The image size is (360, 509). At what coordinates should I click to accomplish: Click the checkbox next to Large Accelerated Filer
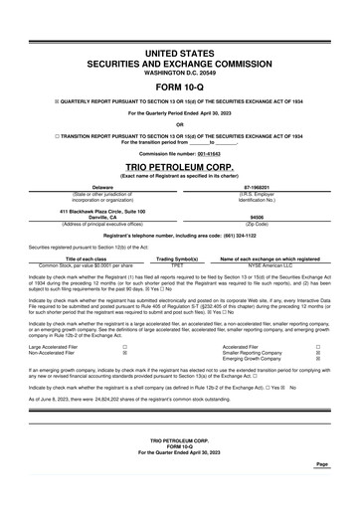tap(124, 345)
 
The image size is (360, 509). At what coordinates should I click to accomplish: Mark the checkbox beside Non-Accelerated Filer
tap(124, 352)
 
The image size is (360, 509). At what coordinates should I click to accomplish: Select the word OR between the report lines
tap(180, 124)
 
